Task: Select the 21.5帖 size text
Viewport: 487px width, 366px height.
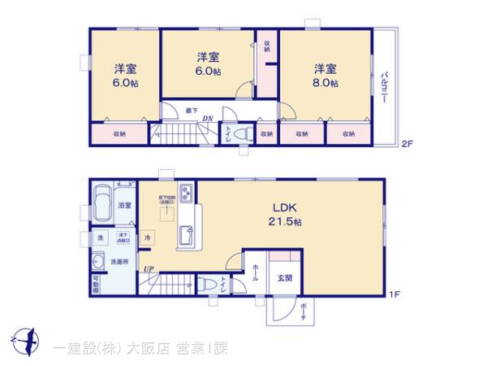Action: [x=287, y=221]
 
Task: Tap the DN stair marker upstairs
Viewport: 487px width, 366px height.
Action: [x=208, y=119]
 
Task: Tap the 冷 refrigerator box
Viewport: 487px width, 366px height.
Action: [x=148, y=238]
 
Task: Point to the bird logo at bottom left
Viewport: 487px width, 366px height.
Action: [x=24, y=339]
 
